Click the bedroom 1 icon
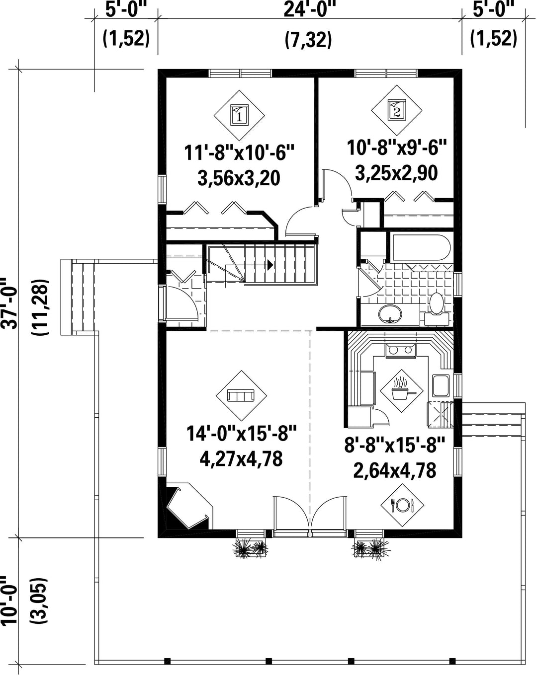coord(239,115)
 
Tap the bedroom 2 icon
coord(396,110)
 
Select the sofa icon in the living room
coord(241,396)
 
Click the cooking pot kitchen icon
coord(401,391)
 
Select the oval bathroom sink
coord(390,313)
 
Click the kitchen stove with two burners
coord(400,350)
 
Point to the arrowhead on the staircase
coord(269,265)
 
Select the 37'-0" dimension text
coord(9,303)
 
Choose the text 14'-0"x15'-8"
coord(241,434)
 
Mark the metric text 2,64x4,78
coord(395,470)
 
